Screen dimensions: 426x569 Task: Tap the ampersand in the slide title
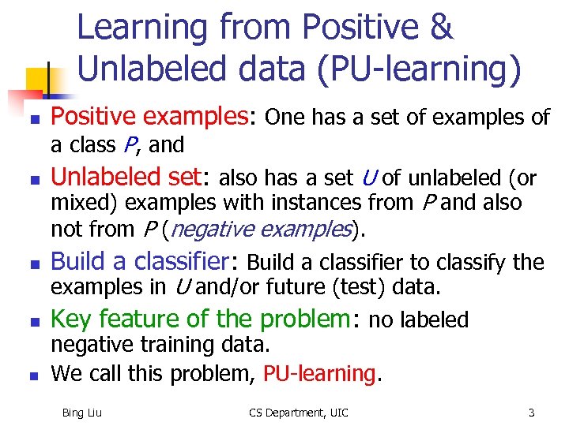click(441, 28)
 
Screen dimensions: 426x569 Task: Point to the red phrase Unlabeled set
click(130, 177)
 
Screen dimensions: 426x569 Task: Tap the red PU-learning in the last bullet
click(319, 372)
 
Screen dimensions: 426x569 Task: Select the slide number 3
click(532, 412)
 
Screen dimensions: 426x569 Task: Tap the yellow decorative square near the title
click(40, 80)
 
